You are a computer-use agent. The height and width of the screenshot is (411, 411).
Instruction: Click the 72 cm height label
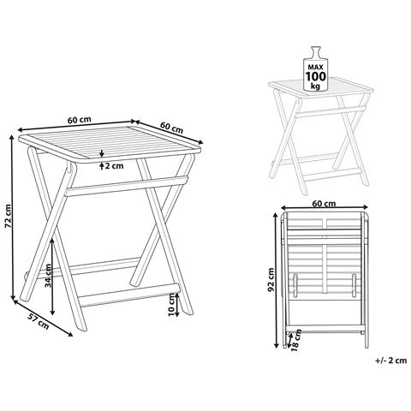9,216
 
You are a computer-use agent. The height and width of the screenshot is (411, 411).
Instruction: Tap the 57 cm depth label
39,321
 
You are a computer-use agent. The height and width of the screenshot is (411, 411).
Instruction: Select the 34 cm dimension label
48,276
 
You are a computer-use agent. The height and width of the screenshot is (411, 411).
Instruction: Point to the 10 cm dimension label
171,305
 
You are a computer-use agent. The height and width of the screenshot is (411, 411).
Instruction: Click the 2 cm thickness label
114,165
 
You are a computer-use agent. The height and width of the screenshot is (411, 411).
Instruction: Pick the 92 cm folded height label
271,280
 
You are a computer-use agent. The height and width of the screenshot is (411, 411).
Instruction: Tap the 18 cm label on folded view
296,340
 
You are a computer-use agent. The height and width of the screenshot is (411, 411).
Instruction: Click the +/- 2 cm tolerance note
391,360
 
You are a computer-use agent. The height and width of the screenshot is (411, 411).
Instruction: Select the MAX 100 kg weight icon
315,68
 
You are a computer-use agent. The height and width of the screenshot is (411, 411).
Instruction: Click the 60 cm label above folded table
324,204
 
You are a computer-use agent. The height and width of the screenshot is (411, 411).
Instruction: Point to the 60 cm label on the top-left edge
80,120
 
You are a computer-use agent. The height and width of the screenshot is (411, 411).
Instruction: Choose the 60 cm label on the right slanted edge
171,128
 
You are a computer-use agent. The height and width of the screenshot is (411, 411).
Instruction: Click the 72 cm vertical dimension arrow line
12,217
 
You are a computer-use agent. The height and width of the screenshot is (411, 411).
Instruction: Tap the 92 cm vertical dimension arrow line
276,280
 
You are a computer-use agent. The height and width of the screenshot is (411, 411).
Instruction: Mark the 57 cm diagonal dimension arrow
43,318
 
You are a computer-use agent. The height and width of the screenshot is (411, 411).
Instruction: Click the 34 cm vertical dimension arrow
52,277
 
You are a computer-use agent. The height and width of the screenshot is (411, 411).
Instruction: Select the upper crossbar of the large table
127,186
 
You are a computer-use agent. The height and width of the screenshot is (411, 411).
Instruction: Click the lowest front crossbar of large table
128,295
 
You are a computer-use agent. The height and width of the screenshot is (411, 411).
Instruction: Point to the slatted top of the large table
110,144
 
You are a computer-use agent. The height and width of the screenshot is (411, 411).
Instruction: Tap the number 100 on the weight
316,76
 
